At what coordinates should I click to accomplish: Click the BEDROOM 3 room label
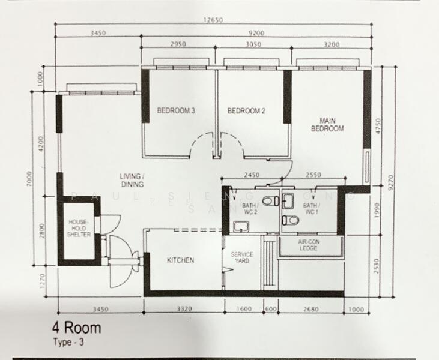tap(176, 110)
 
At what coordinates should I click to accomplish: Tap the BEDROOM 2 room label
tap(246, 110)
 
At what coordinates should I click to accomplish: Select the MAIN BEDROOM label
tap(327, 124)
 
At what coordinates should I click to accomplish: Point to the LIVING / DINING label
tap(131, 180)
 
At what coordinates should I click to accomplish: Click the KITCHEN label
tap(180, 260)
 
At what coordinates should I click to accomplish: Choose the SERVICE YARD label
tap(242, 258)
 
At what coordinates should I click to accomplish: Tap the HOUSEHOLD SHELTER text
tap(79, 228)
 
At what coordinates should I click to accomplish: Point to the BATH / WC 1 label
tap(311, 209)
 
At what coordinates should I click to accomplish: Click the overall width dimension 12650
tap(213, 20)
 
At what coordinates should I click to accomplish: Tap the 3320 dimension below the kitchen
tap(184, 310)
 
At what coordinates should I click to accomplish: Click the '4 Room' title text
tap(77, 328)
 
